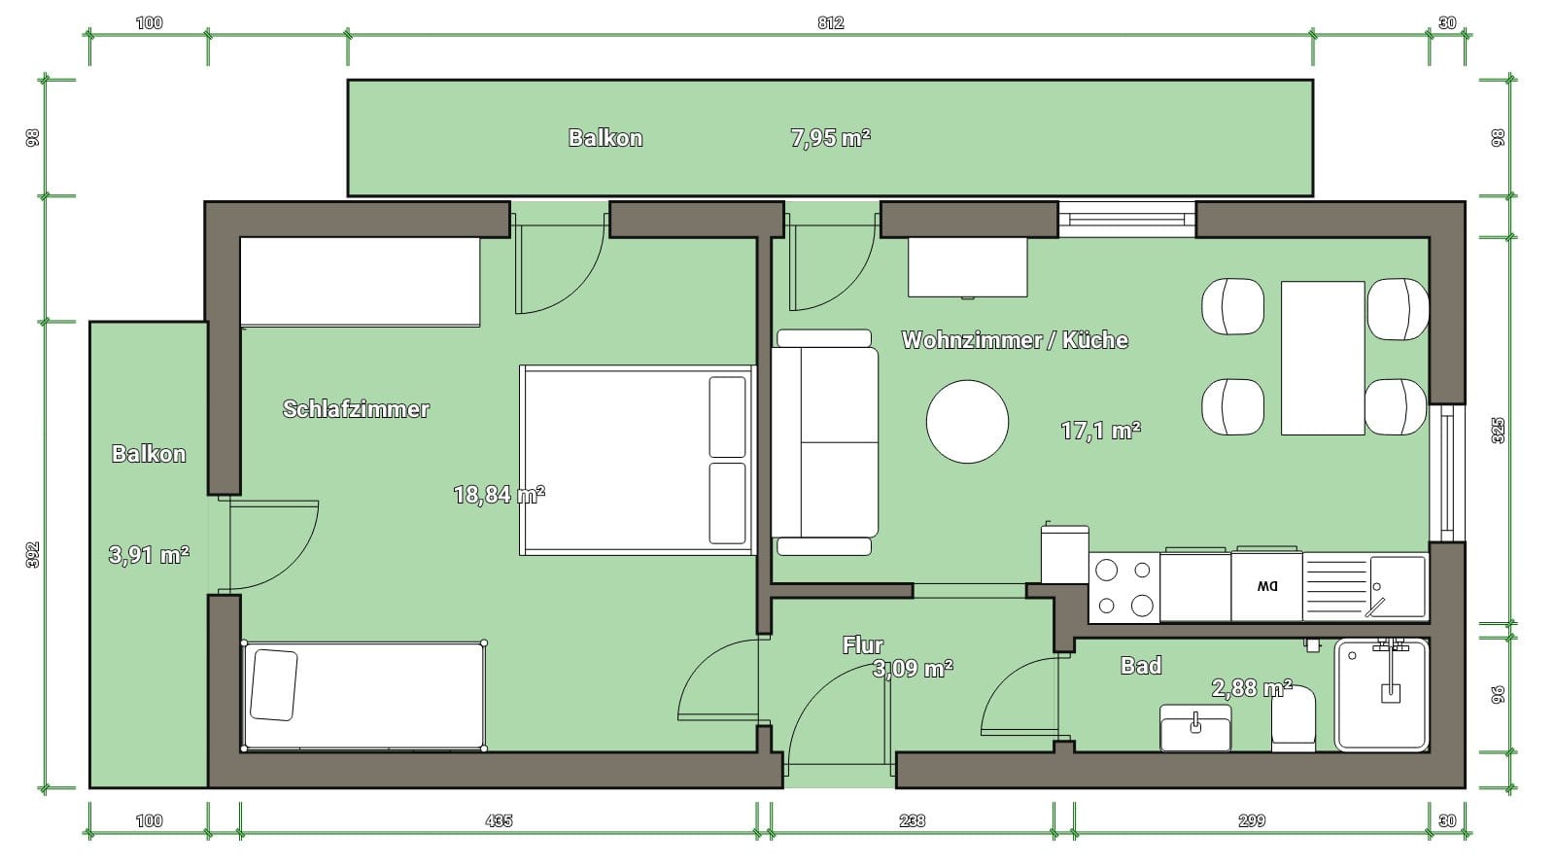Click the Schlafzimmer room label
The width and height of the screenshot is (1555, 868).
pos(356,409)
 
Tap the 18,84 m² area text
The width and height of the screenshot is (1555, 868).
pos(499,495)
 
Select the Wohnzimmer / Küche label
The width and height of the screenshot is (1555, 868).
pos(1015,339)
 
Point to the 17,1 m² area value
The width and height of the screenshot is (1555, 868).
pos(1100,431)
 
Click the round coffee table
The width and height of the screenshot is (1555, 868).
pos(967,422)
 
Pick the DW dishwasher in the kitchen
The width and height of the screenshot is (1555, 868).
pos(1267,585)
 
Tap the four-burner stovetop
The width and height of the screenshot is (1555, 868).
pos(1123,587)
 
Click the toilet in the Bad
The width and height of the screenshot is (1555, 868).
pos(1294,718)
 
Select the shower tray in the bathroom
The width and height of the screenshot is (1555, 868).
pos(1381,695)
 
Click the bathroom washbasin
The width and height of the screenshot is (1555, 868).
pos(1195,728)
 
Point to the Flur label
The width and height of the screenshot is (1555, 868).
pos(862,645)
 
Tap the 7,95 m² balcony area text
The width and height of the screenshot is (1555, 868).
pos(830,137)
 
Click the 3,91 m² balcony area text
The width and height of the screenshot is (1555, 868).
pos(149,555)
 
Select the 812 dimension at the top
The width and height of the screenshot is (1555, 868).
pos(830,23)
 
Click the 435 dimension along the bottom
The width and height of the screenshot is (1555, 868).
pos(499,820)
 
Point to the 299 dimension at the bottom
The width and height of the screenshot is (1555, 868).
pos(1252,820)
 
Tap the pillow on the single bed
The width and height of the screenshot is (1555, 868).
pos(273,684)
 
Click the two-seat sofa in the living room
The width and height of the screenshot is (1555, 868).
pos(825,442)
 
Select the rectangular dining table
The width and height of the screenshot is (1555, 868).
pos(1323,358)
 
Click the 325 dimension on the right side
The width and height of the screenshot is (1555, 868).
pos(1498,431)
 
